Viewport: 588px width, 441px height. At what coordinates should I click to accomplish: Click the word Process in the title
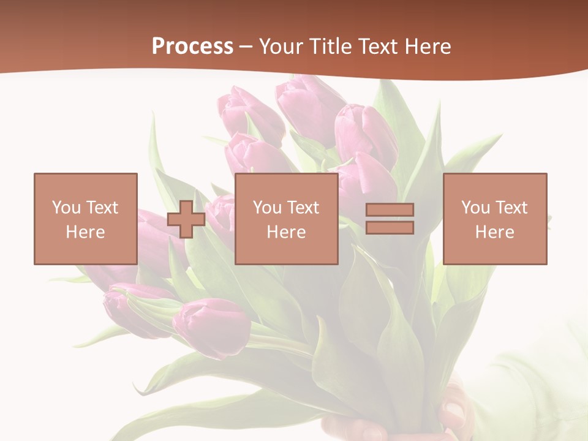point(192,47)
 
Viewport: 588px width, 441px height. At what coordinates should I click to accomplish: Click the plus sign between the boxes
point(186,219)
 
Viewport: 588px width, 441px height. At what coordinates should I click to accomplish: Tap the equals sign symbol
point(390,219)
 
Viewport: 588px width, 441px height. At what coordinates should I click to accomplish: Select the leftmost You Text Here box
point(86,219)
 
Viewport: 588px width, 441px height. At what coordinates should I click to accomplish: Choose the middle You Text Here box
point(286,219)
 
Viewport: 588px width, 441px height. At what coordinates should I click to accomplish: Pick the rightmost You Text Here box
point(495,219)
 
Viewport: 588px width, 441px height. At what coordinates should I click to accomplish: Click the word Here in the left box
point(85,232)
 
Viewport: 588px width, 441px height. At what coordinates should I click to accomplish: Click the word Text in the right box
point(511,208)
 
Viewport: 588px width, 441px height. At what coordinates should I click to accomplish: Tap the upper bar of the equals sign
point(390,210)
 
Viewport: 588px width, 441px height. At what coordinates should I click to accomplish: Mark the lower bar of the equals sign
point(390,228)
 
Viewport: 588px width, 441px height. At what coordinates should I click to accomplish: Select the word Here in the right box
point(495,232)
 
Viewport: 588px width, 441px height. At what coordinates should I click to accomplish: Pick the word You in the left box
point(66,208)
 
